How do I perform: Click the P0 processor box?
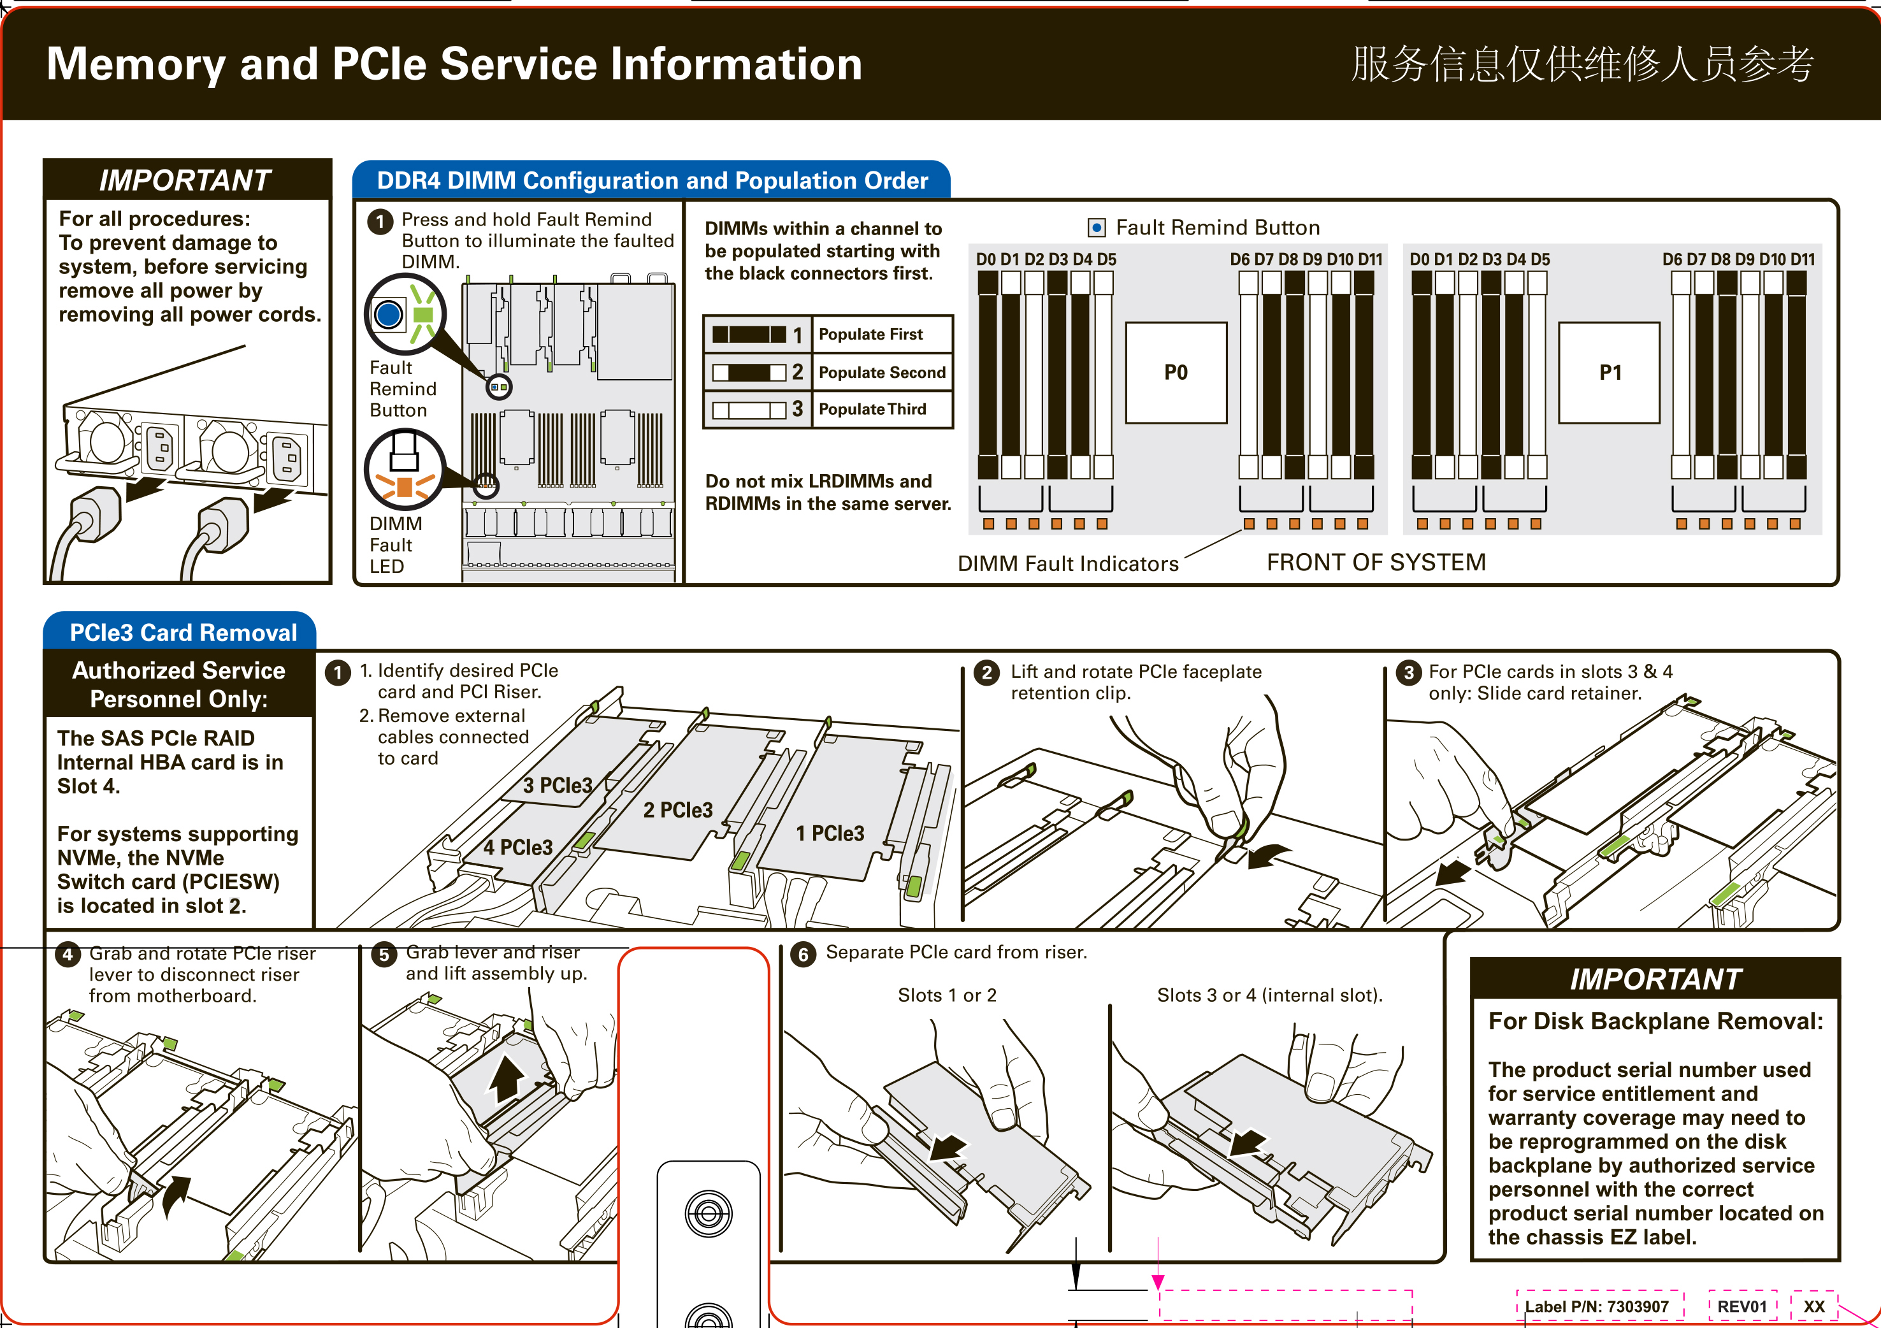click(x=1176, y=373)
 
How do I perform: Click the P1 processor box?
click(x=1609, y=373)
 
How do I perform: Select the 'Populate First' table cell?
click(x=881, y=335)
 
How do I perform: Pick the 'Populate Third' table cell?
click(x=881, y=409)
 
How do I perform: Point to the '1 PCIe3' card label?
click(x=830, y=833)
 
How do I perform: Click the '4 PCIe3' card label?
click(x=518, y=847)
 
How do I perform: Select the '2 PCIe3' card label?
click(x=677, y=809)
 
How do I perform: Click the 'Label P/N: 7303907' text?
click(x=1596, y=1307)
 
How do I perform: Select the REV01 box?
click(x=1741, y=1307)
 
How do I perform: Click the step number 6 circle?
click(x=803, y=955)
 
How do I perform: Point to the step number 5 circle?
click(x=384, y=955)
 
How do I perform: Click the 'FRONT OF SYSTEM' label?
click(x=1376, y=562)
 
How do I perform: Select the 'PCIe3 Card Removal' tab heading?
click(x=183, y=633)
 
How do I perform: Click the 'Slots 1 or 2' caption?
click(x=947, y=995)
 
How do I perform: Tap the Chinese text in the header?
click(x=1582, y=64)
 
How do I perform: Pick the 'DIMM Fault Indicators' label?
click(x=1067, y=564)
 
